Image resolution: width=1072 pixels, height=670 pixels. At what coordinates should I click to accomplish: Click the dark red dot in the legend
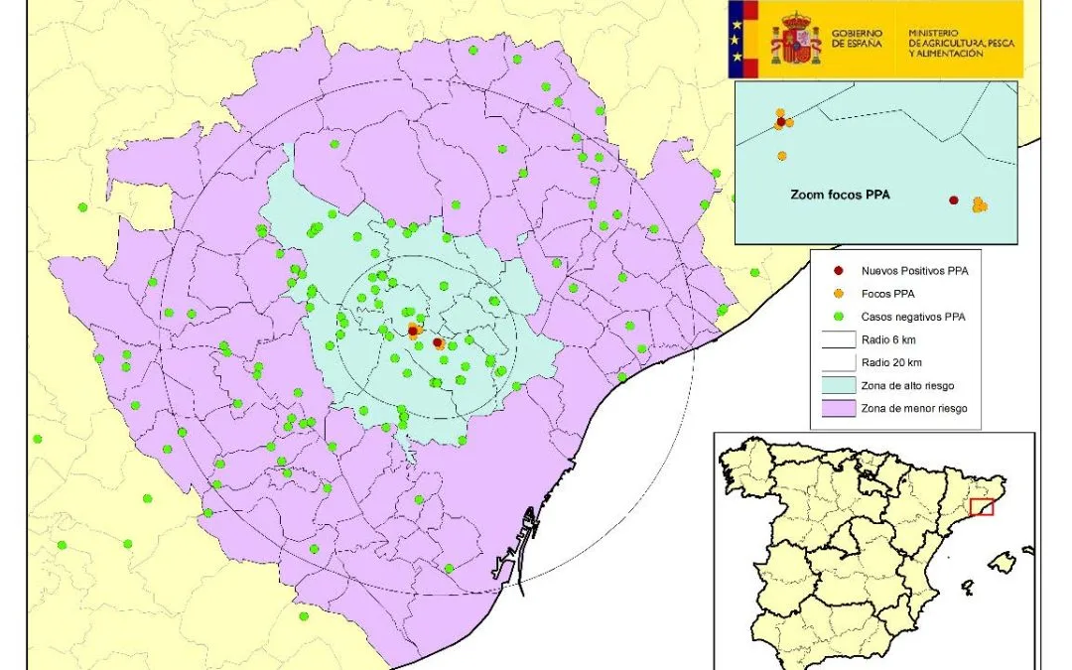tap(839, 270)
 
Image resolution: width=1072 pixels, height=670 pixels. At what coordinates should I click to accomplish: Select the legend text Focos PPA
tap(888, 294)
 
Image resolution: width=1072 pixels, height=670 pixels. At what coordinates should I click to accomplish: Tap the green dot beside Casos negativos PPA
tap(839, 317)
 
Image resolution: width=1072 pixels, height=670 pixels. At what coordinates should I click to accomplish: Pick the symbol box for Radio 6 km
tap(839, 339)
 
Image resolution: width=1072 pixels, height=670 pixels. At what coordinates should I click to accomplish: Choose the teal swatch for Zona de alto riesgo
tap(839, 385)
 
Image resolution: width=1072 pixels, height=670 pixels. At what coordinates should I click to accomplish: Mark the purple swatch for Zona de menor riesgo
tap(839, 408)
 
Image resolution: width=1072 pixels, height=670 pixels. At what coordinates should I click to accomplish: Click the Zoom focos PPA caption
tap(840, 196)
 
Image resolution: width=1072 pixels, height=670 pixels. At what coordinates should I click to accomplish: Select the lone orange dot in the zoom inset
tap(782, 156)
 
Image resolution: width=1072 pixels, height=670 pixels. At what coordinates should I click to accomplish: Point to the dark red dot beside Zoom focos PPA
tap(954, 200)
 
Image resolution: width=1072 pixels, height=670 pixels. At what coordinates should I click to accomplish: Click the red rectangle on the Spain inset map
tap(981, 507)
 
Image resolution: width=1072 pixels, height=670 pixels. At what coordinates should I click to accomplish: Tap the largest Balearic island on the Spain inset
tap(1005, 564)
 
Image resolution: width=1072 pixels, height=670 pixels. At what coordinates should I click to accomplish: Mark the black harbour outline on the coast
tap(516, 541)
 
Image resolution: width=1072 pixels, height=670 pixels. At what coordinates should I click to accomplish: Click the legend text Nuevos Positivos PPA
tap(915, 270)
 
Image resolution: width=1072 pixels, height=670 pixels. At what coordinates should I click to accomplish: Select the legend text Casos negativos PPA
tap(913, 317)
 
